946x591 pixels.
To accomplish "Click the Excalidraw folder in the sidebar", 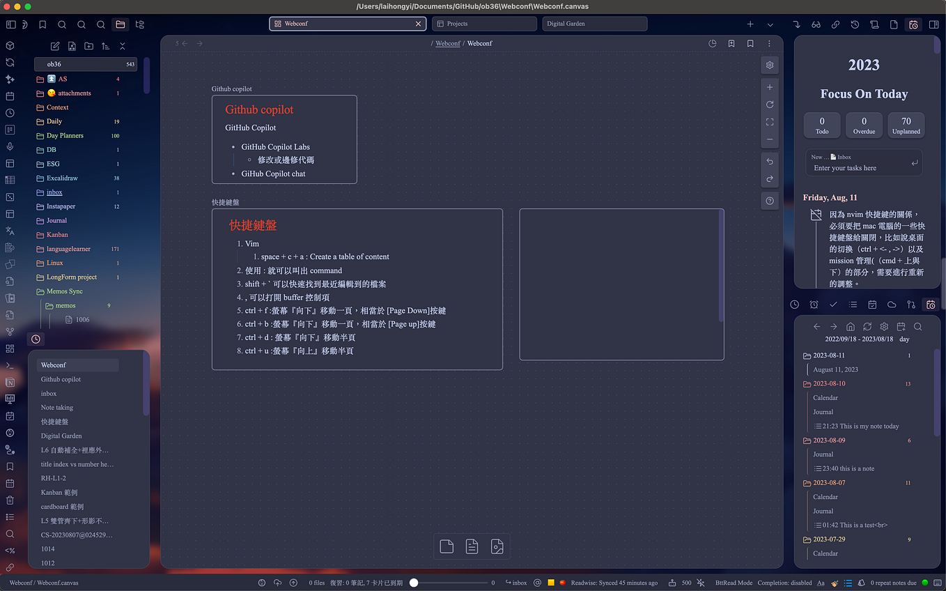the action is pyautogui.click(x=62, y=178).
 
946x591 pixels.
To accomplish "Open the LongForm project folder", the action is pyautogui.click(x=71, y=277).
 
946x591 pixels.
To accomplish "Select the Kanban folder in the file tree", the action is pyautogui.click(x=57, y=234).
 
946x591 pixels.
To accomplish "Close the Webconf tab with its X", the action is pyautogui.click(x=418, y=24).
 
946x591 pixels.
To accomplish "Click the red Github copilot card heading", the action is pyautogui.click(x=259, y=109).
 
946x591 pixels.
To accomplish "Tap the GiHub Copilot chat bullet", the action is pyautogui.click(x=273, y=174).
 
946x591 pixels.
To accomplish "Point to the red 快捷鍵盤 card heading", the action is pyautogui.click(x=254, y=226).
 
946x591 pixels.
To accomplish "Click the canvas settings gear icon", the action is pyautogui.click(x=770, y=65).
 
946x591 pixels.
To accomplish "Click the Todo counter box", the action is pyautogui.click(x=822, y=125).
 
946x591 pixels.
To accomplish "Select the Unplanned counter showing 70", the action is pyautogui.click(x=906, y=125).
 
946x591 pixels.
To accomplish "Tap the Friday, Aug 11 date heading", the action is pyautogui.click(x=830, y=198).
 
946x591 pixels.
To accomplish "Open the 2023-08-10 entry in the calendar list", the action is pyautogui.click(x=829, y=383).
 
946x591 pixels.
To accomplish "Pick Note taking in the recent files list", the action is pyautogui.click(x=57, y=407).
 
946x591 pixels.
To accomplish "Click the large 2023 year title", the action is pyautogui.click(x=864, y=65).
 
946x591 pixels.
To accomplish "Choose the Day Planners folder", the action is pyautogui.click(x=65, y=135).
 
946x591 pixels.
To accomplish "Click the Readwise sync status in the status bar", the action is pyautogui.click(x=614, y=583).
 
